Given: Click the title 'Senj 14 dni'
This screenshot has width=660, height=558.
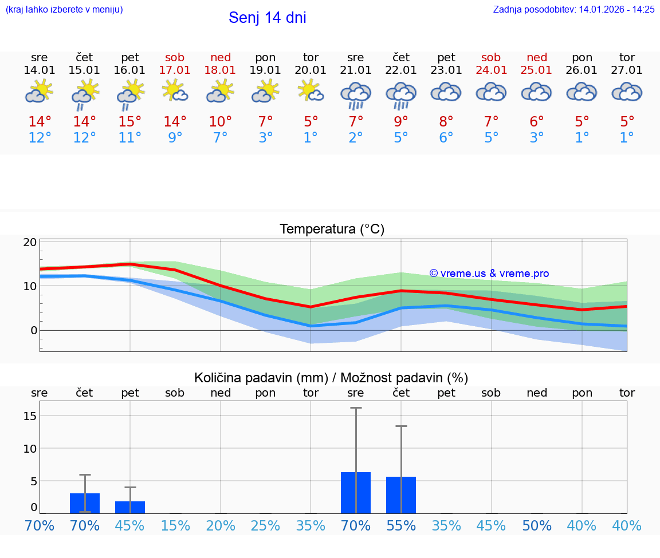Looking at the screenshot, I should click(267, 18).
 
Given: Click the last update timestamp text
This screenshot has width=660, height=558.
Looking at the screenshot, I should click(573, 9).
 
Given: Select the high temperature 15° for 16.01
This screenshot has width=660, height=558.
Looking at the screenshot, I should click(130, 122).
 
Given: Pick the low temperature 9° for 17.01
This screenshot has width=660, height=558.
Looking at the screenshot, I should click(175, 138).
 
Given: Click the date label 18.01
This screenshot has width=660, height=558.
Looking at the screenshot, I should click(221, 70).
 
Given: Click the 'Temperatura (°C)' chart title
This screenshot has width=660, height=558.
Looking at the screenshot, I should click(332, 229).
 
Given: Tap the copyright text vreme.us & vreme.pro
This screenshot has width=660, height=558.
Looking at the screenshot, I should click(489, 274).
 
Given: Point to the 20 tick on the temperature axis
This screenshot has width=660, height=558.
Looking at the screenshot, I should click(30, 242).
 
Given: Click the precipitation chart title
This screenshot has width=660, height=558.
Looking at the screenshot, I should click(331, 378).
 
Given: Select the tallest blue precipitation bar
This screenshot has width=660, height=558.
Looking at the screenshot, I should click(356, 493).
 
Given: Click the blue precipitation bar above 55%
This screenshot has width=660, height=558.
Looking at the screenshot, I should click(401, 495).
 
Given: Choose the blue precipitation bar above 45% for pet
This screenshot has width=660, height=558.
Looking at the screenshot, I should click(130, 507).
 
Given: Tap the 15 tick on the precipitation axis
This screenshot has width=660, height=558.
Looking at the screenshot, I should click(30, 415).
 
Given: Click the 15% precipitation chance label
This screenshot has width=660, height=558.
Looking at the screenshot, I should click(175, 526).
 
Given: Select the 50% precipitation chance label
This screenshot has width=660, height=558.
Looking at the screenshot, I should click(537, 526).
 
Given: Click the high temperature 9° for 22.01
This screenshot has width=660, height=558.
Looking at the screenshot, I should click(401, 122).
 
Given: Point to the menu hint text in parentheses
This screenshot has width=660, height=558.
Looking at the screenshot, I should click(64, 9).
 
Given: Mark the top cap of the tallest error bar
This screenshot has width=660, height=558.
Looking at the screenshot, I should click(356, 408).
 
